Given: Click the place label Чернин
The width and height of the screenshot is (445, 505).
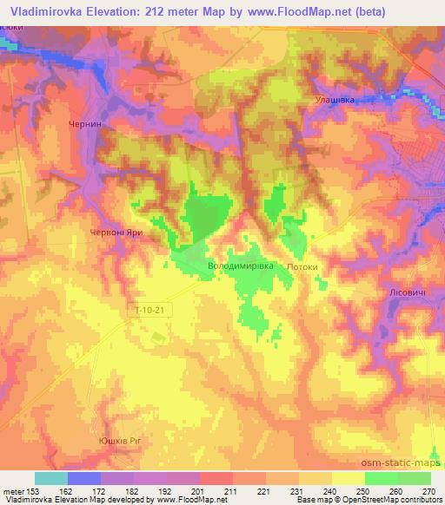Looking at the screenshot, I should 85,125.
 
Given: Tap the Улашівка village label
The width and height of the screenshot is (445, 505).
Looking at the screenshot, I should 332,101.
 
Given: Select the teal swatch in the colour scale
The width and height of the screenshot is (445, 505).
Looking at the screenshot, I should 51,478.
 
